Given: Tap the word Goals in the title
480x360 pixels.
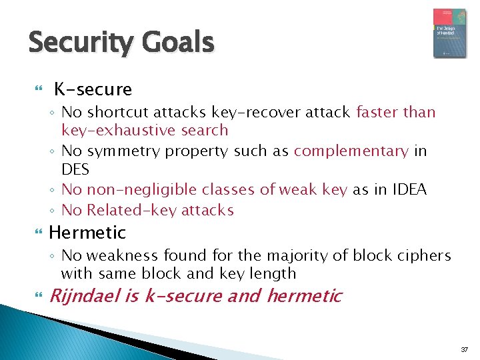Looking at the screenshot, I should (179, 43).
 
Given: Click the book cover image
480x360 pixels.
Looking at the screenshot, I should (449, 33).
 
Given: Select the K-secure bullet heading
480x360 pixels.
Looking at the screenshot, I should (93, 89).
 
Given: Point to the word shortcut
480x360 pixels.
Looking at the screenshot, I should (116, 112).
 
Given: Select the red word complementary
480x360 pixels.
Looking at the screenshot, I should (351, 151).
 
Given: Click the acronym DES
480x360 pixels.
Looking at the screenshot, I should (75, 169).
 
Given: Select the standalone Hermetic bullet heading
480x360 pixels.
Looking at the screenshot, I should (87, 233).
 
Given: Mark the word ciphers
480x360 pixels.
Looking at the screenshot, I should (426, 255).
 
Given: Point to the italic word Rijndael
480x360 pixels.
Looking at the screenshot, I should (85, 295).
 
